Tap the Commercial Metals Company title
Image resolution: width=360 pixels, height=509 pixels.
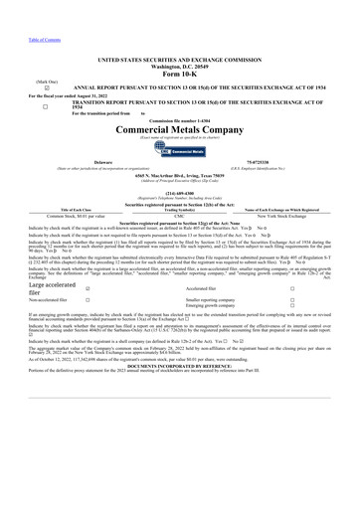180,130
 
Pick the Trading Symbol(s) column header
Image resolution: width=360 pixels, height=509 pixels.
180,208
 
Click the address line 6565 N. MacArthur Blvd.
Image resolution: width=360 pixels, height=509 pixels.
180,181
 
